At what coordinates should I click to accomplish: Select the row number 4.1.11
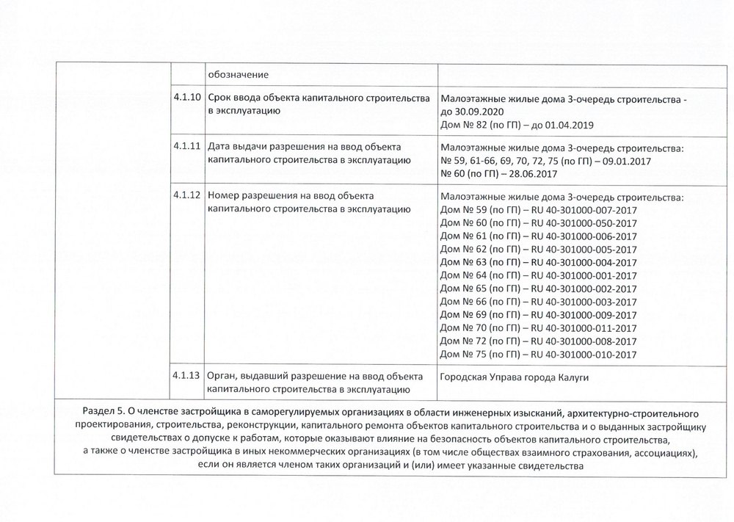click(x=187, y=145)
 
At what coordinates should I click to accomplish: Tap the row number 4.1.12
click(x=187, y=195)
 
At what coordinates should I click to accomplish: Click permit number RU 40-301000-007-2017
click(x=583, y=210)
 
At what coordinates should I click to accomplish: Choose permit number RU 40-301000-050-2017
click(x=583, y=223)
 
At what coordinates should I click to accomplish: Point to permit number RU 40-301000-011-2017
click(x=583, y=327)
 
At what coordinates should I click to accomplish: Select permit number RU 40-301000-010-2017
click(x=583, y=354)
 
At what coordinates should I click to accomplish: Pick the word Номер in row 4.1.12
click(x=225, y=195)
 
